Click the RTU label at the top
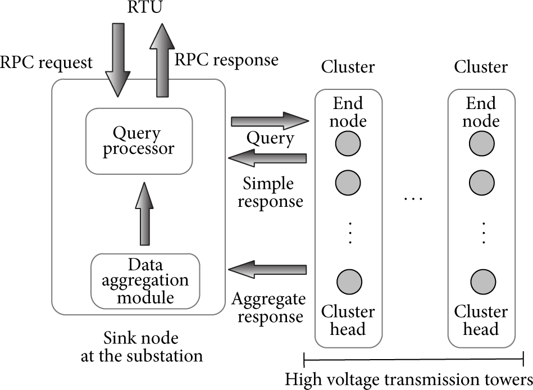[x=144, y=7]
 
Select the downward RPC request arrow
[x=118, y=60]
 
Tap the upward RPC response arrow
[x=162, y=60]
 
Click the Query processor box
[x=139, y=141]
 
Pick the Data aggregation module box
[x=145, y=281]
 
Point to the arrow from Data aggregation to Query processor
[x=144, y=214]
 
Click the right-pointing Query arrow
[x=270, y=121]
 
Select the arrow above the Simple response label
[x=267, y=158]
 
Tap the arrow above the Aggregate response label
[x=267, y=270]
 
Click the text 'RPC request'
[x=46, y=63]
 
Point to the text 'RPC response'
[x=226, y=60]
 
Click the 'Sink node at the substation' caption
[x=142, y=347]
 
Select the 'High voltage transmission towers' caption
[x=408, y=379]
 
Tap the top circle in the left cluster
[x=348, y=144]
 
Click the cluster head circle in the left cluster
[x=349, y=282]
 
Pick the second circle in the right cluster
[x=482, y=183]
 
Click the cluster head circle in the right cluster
[x=483, y=282]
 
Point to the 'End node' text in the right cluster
[x=481, y=112]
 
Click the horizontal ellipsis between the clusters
[x=413, y=198]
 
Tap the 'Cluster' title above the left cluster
[x=348, y=67]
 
